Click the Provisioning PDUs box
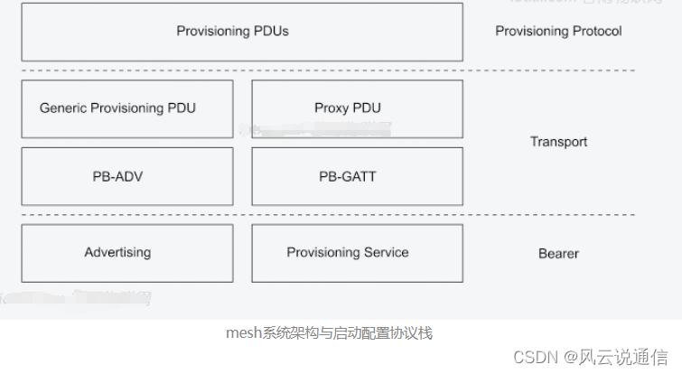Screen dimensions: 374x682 [241, 32]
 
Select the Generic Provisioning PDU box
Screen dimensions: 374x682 [126, 108]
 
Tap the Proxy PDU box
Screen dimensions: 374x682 [357, 108]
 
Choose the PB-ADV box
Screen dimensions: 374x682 [126, 176]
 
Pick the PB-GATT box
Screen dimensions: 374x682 [357, 176]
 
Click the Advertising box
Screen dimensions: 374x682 [126, 253]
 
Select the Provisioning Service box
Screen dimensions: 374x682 [357, 253]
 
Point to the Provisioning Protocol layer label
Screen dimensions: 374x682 [558, 32]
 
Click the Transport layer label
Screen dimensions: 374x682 [558, 142]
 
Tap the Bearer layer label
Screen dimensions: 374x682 [558, 253]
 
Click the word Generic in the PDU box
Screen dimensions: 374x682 [62, 108]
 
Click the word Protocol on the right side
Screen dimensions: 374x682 [596, 32]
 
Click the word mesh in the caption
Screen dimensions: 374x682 [242, 333]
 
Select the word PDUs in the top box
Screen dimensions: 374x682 [271, 32]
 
